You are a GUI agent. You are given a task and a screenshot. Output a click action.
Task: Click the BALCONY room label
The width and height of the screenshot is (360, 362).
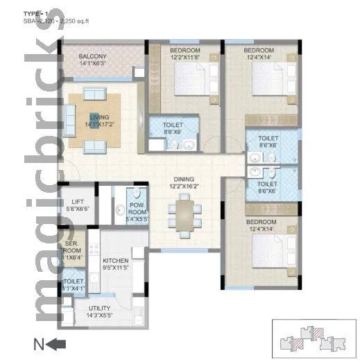[x=92, y=55]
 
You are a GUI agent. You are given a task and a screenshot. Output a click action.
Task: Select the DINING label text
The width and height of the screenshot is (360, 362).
[x=184, y=178]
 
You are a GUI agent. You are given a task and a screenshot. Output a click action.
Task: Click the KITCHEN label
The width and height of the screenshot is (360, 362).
[x=115, y=260]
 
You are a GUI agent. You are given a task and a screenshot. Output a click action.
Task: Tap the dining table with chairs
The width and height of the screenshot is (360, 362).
[x=184, y=212]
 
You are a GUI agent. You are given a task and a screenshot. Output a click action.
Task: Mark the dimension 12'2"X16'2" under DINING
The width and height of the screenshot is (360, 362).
[x=184, y=186]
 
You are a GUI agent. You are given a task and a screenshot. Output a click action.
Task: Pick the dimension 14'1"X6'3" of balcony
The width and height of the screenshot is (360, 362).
[x=92, y=63]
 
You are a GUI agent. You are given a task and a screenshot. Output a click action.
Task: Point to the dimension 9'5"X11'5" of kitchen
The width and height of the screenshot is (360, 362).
[x=115, y=268]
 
